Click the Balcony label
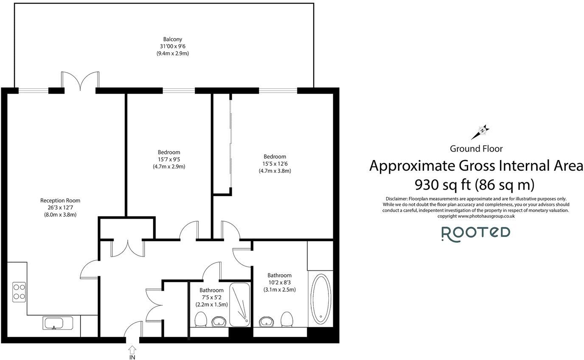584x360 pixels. (x=172, y=39)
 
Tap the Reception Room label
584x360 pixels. (x=60, y=200)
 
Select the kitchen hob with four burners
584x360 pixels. (x=19, y=291)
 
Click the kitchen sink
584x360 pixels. (x=58, y=323)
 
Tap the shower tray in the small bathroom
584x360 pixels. (x=240, y=305)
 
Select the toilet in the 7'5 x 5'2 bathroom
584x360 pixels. (x=200, y=319)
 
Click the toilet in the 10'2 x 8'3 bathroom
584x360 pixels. (x=287, y=319)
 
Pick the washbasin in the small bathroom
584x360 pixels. (x=219, y=321)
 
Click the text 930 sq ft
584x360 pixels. (x=442, y=184)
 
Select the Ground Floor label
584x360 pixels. (x=476, y=149)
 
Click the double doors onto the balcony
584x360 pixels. (x=80, y=81)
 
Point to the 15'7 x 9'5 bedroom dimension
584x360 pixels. (x=169, y=160)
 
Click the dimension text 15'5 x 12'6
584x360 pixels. (x=275, y=163)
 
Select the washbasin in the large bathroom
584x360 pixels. (x=266, y=321)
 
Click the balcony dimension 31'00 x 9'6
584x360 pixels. (x=172, y=47)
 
